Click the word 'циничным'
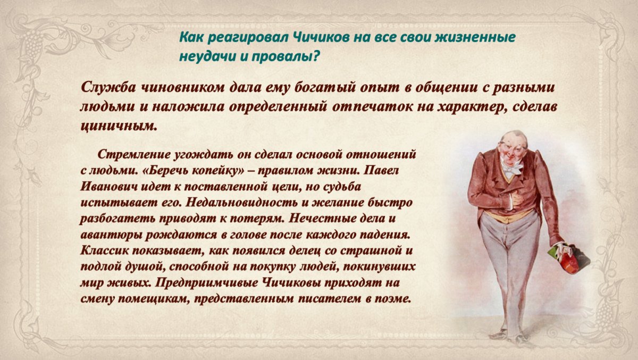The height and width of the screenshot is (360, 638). (119, 126)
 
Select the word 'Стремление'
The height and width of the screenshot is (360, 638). (133, 155)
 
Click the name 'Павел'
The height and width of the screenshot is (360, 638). (381, 171)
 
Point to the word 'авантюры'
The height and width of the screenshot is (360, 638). (111, 236)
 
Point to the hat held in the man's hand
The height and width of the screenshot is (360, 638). (569, 259)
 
